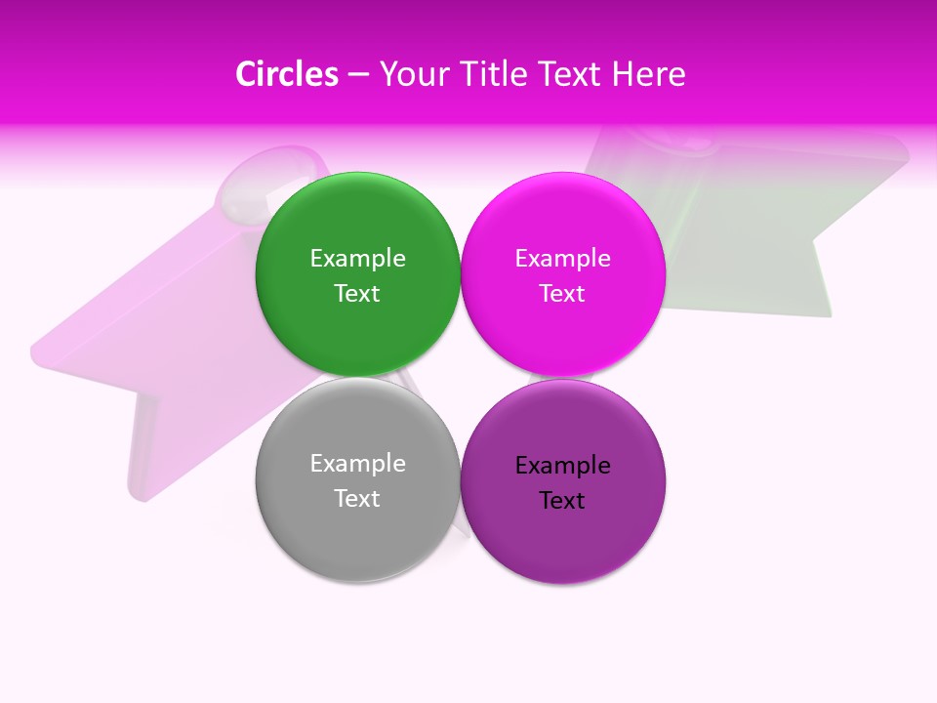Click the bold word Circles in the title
287,74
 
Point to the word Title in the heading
496,74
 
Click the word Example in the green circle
357,259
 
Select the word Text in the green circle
357,294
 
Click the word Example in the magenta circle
563,259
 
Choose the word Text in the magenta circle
563,294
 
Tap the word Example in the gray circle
357,464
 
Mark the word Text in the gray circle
357,499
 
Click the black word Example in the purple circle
563,466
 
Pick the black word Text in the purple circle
563,501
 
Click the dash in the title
358,74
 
